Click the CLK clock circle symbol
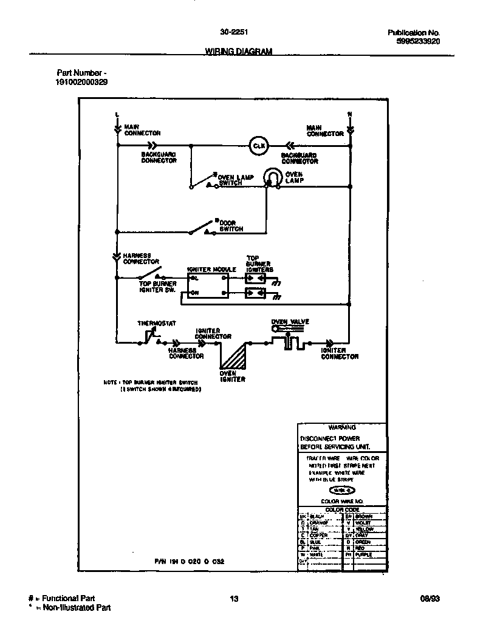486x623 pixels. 259,146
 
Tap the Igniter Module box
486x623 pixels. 208,285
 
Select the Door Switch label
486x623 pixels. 231,226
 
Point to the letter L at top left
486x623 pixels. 117,114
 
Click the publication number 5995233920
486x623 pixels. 416,41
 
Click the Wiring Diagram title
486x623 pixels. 234,52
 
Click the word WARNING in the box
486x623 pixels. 341,427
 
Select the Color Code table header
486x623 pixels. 342,509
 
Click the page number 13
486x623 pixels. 234,599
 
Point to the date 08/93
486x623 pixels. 430,599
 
